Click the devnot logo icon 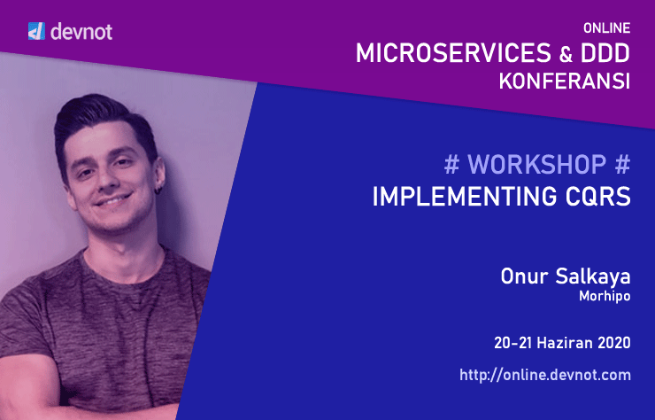pos(36,33)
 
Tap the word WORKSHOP pos(536,165)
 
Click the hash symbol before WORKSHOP pos(451,165)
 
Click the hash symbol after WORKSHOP pos(622,165)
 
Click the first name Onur pos(520,278)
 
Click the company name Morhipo pos(605,297)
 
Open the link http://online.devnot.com pos(545,375)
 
